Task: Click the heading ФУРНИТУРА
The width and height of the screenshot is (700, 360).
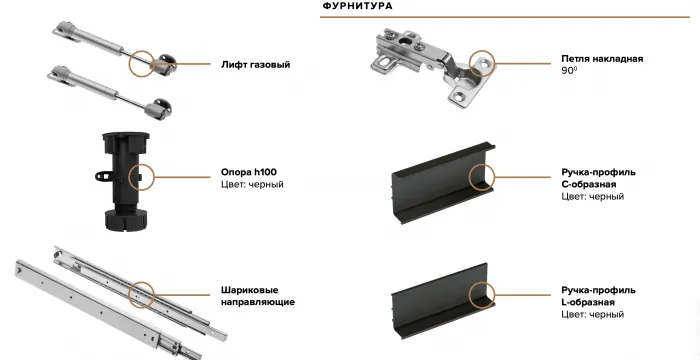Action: [357, 6]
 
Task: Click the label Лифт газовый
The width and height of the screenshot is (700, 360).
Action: [255, 65]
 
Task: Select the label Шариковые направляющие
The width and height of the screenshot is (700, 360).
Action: [257, 295]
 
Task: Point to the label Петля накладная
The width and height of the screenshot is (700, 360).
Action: [602, 59]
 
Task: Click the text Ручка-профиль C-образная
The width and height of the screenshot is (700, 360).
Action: [598, 178]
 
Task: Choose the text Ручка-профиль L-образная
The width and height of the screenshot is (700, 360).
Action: [598, 295]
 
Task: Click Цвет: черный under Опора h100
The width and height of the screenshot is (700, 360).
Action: [252, 185]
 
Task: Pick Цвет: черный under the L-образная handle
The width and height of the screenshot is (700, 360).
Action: [593, 315]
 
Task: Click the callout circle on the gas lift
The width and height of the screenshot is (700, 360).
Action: [144, 65]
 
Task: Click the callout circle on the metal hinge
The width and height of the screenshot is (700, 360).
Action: [482, 65]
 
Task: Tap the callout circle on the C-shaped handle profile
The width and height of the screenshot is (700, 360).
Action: [483, 178]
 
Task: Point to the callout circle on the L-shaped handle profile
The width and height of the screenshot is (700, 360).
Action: [483, 295]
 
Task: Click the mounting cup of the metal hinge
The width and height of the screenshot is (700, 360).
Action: [393, 50]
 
